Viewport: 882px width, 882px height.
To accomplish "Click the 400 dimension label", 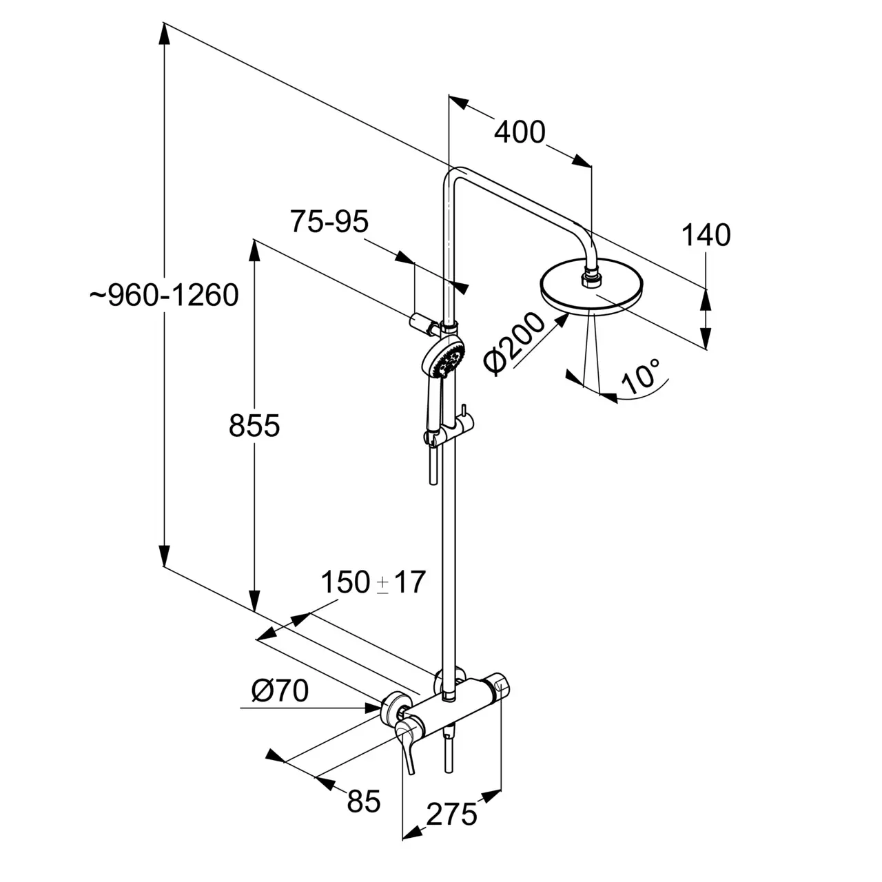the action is point(520,132).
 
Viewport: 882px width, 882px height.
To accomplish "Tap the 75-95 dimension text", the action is point(329,222).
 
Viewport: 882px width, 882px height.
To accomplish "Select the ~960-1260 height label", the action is point(164,295).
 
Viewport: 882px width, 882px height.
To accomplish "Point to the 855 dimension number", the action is point(254,425).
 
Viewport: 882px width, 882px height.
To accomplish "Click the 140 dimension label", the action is point(706,235).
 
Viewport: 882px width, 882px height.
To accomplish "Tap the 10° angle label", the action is point(642,376).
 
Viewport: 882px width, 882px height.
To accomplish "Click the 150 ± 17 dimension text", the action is point(373,583).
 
